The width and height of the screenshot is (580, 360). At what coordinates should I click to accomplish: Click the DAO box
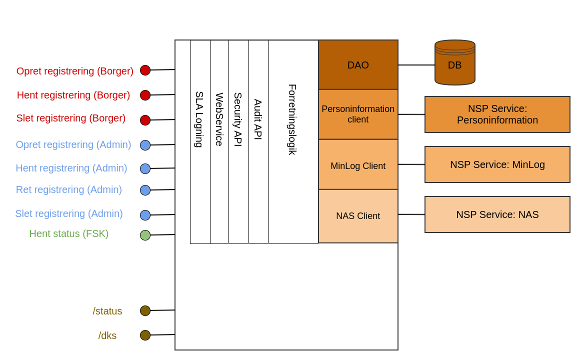[x=358, y=65]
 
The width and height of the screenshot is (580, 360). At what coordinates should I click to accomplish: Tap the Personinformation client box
[x=358, y=114]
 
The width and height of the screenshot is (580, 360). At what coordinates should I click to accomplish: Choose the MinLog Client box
[x=358, y=165]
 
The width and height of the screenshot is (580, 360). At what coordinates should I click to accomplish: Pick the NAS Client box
[x=358, y=216]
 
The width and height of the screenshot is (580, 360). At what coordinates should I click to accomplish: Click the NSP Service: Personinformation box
[x=497, y=114]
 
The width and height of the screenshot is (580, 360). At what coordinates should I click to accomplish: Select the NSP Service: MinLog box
[x=497, y=164]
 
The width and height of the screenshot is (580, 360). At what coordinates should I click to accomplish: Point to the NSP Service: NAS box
[x=497, y=214]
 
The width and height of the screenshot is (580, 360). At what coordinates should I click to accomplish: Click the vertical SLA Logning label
[x=199, y=119]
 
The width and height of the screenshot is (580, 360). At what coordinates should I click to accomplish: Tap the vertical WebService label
[x=219, y=119]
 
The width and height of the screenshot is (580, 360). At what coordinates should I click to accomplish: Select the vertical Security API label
[x=238, y=119]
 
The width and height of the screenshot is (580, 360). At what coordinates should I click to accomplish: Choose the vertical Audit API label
[x=258, y=119]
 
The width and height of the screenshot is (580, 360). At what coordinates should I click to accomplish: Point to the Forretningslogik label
[x=292, y=119]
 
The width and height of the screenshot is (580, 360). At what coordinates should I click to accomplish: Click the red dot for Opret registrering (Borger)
[x=145, y=70]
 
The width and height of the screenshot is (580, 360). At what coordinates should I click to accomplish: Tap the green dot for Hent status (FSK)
[x=145, y=235]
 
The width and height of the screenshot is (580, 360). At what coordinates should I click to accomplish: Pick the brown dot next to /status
[x=145, y=310]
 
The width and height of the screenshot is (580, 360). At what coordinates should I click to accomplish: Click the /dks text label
[x=107, y=335]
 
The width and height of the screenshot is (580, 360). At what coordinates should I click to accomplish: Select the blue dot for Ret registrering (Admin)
[x=145, y=190]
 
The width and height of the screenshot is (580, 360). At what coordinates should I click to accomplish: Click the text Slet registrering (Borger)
[x=71, y=118]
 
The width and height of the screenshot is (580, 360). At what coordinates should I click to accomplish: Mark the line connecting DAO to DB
[x=416, y=65]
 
